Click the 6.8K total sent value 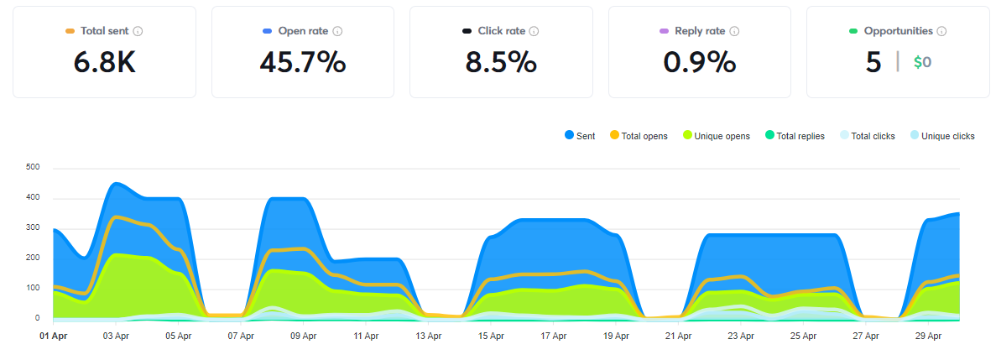click(105, 62)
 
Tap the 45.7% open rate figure click(303, 62)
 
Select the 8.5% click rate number click(501, 62)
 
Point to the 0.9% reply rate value click(700, 62)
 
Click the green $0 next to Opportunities click(922, 62)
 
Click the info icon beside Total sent click(138, 31)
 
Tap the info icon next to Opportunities click(941, 31)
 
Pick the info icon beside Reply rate click(733, 31)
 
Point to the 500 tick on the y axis click(34, 168)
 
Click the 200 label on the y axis click(34, 258)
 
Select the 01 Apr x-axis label click(53, 337)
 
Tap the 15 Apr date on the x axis click(491, 337)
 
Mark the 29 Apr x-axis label click(928, 337)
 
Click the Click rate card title click(502, 31)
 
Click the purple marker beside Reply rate click(665, 31)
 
